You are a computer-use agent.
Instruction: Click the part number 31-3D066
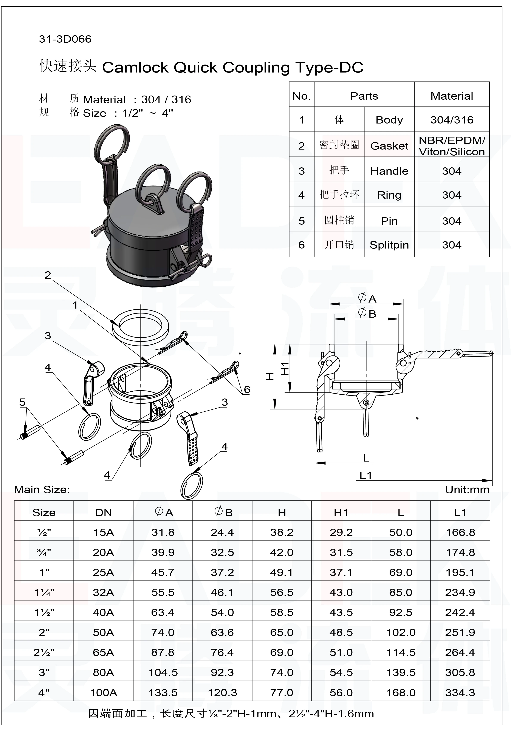point(65,39)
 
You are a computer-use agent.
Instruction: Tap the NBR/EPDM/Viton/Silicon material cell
point(452,146)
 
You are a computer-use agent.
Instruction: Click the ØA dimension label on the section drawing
point(367,298)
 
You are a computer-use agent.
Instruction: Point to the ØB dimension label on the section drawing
point(367,313)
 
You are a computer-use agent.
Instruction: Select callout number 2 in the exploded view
point(48,275)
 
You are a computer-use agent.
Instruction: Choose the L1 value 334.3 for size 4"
point(460,692)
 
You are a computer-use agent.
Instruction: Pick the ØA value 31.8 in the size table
point(163,532)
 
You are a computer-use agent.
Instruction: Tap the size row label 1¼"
point(44,592)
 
